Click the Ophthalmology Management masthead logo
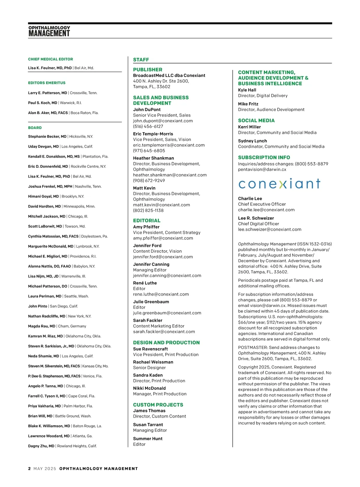tap(49, 31)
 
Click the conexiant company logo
tap(279, 184)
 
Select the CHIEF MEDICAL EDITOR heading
tap(50, 59)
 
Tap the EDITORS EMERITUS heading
tap(46, 83)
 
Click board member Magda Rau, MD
tap(42, 326)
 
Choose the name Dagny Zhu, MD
tap(41, 446)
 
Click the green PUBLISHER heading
tap(148, 70)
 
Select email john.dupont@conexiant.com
tap(163, 121)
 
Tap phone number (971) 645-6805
tap(149, 151)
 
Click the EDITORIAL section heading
tap(147, 221)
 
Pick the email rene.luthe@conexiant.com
tap(161, 294)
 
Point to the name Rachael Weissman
tap(153, 362)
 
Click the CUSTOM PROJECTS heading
tap(158, 405)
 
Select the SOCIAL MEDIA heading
tap(256, 121)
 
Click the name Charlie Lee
tap(250, 199)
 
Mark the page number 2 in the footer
tap(29, 468)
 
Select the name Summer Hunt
tap(148, 439)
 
